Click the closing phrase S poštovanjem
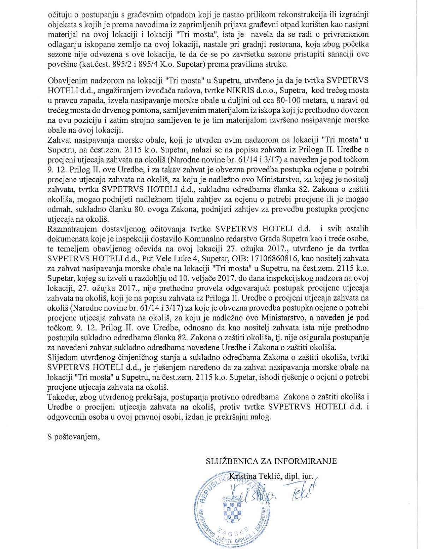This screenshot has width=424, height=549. (74, 437)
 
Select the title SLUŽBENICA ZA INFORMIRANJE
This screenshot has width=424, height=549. (271, 461)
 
